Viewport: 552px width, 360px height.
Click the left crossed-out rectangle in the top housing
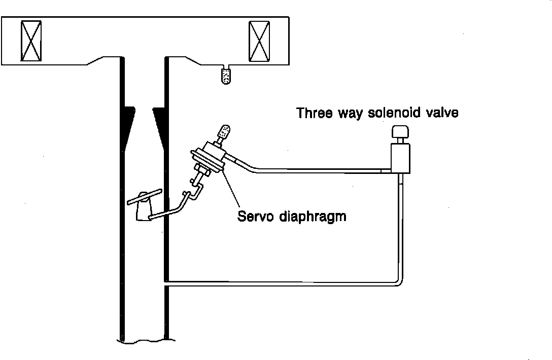click(x=30, y=40)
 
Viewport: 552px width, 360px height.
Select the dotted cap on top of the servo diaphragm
click(x=223, y=134)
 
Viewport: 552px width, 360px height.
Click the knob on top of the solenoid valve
click(x=400, y=133)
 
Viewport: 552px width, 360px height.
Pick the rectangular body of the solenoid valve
click(x=400, y=158)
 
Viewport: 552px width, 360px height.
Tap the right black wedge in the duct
click(x=160, y=124)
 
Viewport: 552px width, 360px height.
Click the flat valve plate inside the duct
click(x=145, y=197)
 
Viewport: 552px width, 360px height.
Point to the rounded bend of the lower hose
click(x=399, y=280)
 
